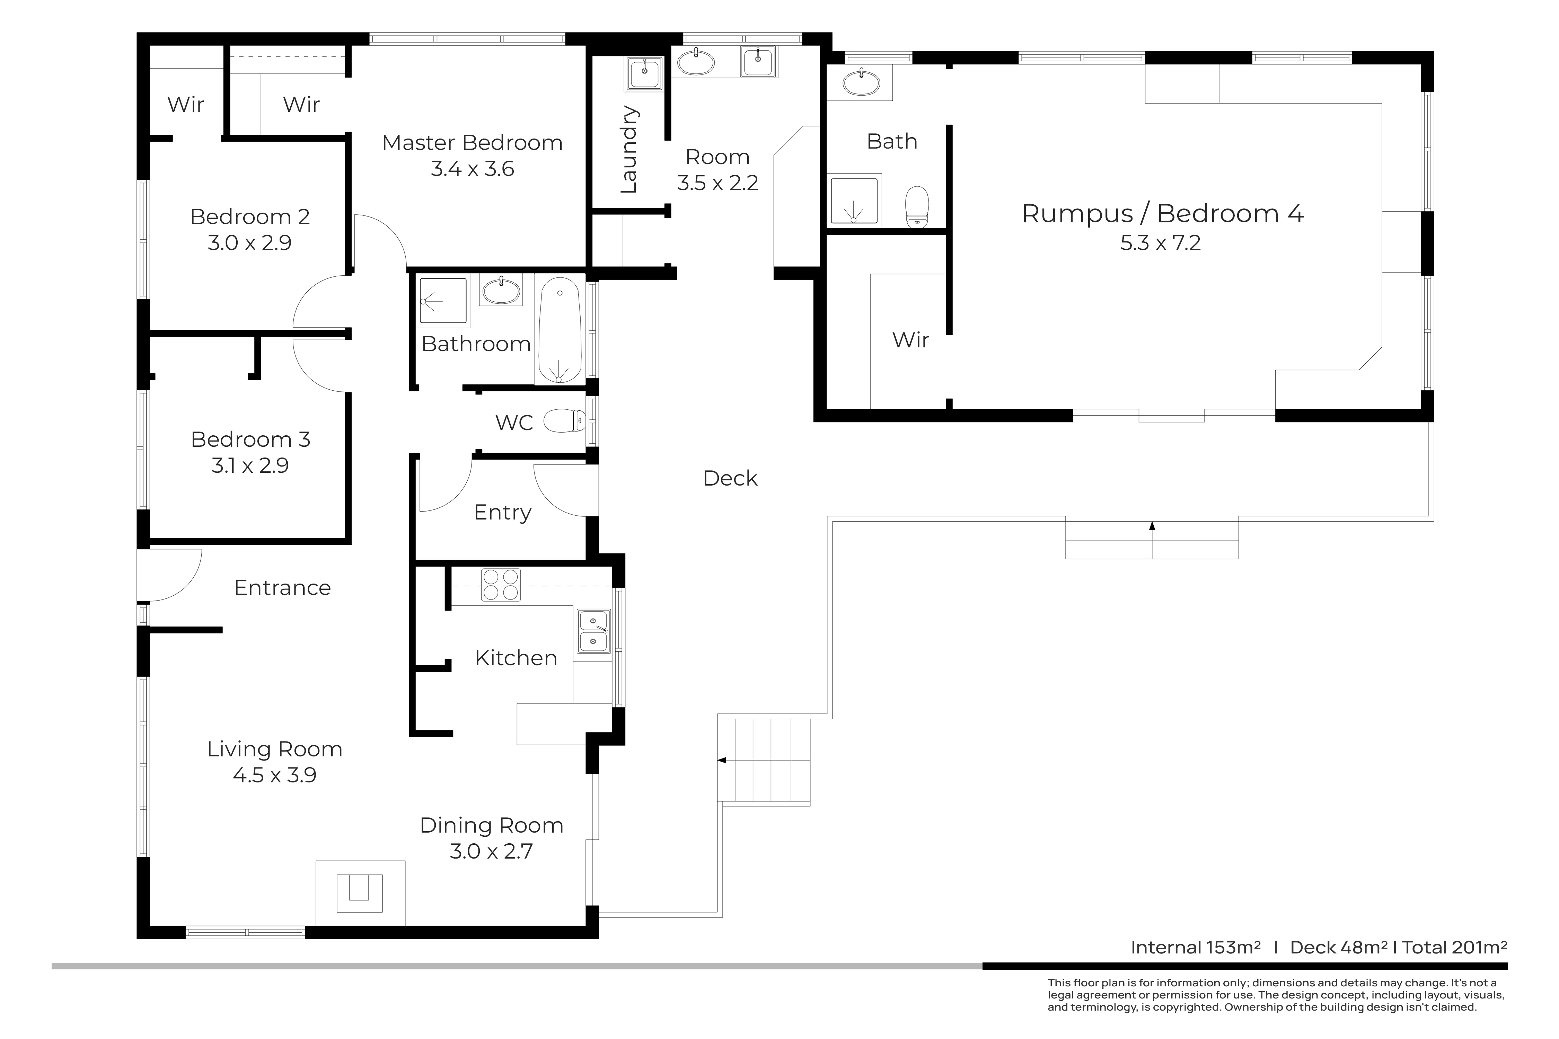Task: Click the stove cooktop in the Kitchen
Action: pos(501,585)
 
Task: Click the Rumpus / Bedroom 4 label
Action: pos(1163,214)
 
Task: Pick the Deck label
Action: pos(730,478)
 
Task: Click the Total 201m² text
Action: pos(1454,948)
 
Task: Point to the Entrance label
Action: pos(282,588)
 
